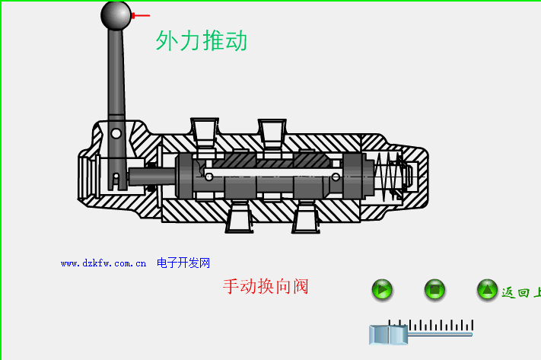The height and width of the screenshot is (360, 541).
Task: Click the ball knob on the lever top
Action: pos(116,15)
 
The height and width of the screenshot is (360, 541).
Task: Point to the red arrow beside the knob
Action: pos(141,15)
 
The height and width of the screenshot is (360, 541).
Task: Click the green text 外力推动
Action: pos(202,40)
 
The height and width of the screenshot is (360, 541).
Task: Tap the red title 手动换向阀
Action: pos(265,287)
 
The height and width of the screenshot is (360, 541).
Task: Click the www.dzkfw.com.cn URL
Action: pos(103,263)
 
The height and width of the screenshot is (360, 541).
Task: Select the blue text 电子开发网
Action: pos(183,263)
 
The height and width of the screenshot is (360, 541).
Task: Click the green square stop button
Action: pos(434,290)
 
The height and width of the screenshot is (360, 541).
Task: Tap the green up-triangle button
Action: pos(487,290)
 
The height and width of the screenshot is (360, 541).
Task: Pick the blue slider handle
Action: pos(389,334)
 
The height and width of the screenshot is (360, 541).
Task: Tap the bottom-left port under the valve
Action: pos(238,218)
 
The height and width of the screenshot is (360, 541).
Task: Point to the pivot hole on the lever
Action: pos(116,134)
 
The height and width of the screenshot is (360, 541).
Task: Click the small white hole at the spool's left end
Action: pos(208,177)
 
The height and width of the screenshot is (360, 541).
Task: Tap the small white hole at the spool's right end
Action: pos(336,177)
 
